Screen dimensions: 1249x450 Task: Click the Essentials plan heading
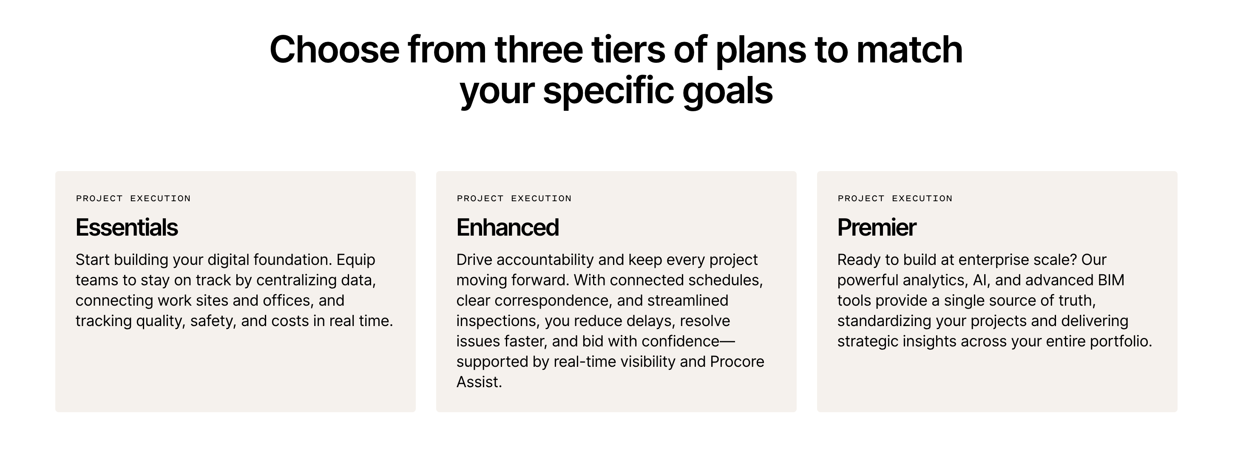[127, 228]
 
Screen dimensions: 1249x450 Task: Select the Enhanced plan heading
[508, 228]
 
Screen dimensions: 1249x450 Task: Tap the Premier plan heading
[877, 228]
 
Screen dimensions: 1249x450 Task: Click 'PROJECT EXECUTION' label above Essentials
[133, 199]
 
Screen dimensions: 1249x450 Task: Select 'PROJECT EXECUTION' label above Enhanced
[514, 199]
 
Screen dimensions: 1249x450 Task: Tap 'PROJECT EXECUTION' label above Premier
[895, 199]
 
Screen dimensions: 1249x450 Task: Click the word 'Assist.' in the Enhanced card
[479, 382]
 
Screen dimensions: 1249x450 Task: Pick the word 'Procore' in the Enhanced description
[737, 362]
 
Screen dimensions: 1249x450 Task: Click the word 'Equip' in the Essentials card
[356, 260]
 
